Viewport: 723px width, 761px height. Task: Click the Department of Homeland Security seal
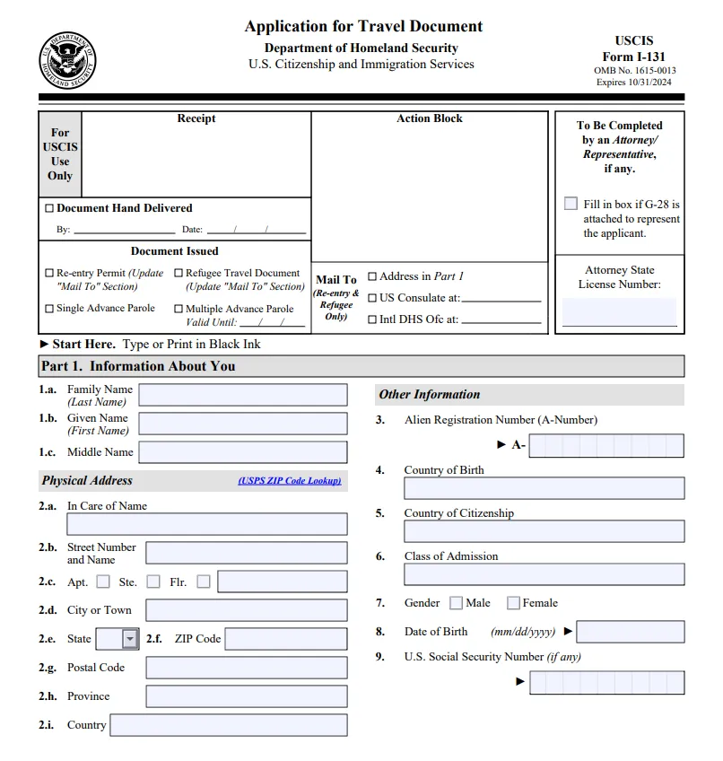pos(67,60)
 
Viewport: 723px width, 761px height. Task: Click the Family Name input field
pos(242,395)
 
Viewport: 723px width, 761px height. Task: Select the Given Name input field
pos(242,424)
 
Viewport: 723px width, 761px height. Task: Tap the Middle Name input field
pos(242,452)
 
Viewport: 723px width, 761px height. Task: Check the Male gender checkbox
pos(457,603)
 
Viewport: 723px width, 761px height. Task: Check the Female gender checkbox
pos(513,603)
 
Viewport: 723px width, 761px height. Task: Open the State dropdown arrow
pos(130,639)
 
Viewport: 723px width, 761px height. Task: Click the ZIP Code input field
pos(285,639)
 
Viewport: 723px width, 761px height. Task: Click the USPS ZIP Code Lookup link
pos(289,481)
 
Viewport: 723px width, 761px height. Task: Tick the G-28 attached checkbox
pos(571,204)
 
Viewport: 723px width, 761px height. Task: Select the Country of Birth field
pos(544,488)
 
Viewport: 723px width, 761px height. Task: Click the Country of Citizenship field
pos(544,531)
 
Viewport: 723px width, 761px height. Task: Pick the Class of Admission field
pos(544,574)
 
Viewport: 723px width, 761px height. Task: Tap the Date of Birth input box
pos(630,632)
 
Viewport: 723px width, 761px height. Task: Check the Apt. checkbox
pos(103,582)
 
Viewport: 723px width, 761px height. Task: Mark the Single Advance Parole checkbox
pos(49,309)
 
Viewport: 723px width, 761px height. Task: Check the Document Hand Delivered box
pos(49,208)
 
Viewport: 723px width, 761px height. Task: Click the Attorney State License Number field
pos(619,312)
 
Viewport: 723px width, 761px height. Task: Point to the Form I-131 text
pos(633,57)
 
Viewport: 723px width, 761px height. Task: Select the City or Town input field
pos(246,610)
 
